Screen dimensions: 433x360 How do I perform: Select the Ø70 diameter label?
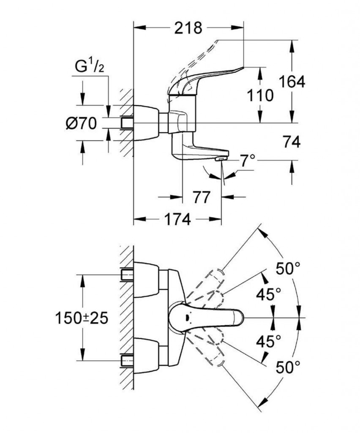pyautogui.click(x=82, y=123)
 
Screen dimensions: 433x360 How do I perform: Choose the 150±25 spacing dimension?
pyautogui.click(x=82, y=318)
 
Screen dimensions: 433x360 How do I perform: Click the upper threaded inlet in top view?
pyautogui.click(x=127, y=274)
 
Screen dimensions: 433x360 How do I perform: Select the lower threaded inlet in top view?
pyautogui.click(x=127, y=360)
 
